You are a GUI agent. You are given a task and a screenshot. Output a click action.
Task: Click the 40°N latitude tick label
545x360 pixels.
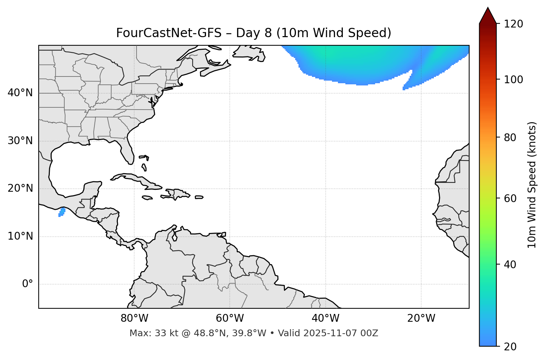click(20, 93)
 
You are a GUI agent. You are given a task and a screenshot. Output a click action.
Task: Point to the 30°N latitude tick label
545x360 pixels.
click(20, 141)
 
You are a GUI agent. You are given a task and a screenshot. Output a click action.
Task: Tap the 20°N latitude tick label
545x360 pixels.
click(20, 188)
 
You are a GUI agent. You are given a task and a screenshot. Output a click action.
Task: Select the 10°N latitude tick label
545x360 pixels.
click(20, 236)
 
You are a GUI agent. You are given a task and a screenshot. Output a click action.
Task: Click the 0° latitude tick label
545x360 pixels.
click(28, 284)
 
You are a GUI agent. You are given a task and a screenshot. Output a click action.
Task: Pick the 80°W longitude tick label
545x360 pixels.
click(134, 318)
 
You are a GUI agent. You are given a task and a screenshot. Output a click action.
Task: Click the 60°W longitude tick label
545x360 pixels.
click(230, 318)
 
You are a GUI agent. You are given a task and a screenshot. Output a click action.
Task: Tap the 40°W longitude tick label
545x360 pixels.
click(325, 318)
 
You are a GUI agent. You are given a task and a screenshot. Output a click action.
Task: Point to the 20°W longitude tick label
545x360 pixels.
click(421, 318)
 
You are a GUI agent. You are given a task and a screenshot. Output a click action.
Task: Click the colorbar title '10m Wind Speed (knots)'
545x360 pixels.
click(532, 185)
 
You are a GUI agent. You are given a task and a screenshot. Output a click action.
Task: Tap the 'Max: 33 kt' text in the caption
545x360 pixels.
click(153, 333)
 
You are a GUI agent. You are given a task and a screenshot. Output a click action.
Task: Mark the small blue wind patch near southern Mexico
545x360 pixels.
click(62, 212)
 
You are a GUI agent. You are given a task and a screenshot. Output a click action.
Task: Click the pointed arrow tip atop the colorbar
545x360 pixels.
click(488, 9)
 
